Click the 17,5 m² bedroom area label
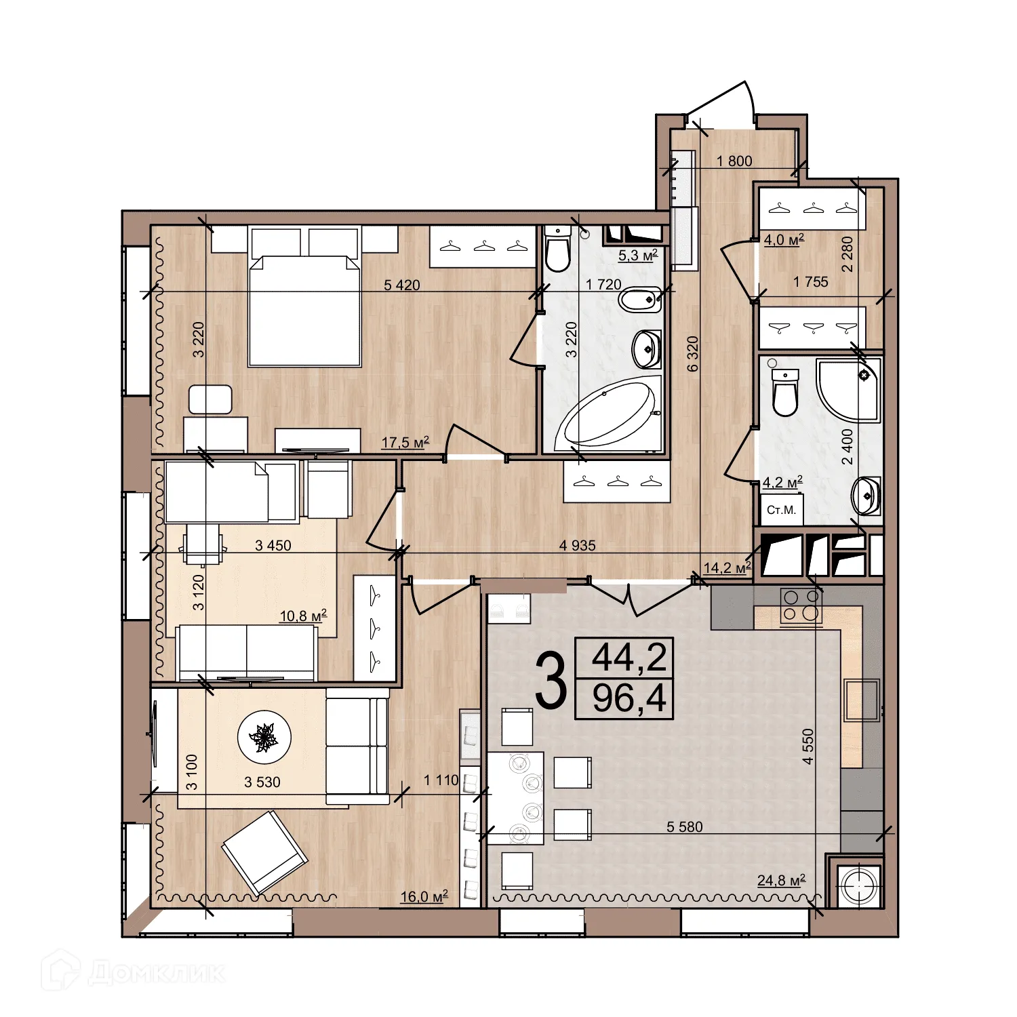[x=405, y=443]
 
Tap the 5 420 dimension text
[x=402, y=285]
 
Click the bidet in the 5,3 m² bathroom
[x=639, y=299]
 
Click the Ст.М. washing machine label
[x=781, y=510]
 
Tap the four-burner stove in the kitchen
[x=801, y=605]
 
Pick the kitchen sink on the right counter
[x=861, y=700]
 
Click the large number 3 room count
[x=550, y=679]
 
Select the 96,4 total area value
[x=629, y=698]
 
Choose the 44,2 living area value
[x=629, y=657]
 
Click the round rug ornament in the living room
[x=264, y=737]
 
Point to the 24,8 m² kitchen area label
[x=781, y=880]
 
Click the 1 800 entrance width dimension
[x=734, y=161]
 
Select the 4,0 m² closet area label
[x=784, y=239]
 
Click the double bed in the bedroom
[x=304, y=310]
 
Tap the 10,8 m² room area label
[x=303, y=616]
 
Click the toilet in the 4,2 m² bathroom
[x=785, y=393]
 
